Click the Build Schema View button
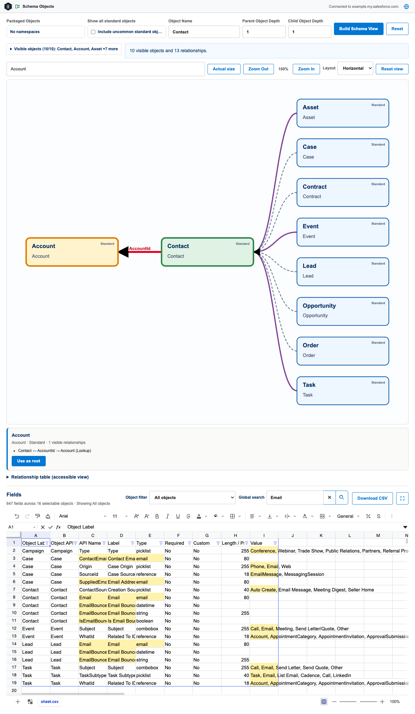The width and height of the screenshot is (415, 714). click(359, 29)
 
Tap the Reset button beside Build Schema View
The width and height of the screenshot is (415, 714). click(397, 29)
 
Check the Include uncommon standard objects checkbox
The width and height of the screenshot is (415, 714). click(93, 32)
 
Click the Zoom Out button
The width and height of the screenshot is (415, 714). click(258, 69)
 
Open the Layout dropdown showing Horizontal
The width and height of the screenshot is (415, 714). click(355, 68)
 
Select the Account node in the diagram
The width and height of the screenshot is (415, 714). click(72, 252)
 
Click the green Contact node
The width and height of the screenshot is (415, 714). click(207, 252)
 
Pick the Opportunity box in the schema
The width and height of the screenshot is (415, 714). click(343, 311)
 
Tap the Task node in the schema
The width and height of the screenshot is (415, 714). click(343, 391)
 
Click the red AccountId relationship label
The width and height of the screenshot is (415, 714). click(140, 248)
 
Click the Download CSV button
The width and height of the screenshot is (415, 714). click(373, 498)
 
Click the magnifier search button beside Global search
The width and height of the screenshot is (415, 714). click(342, 497)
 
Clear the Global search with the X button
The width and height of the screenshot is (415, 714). click(329, 497)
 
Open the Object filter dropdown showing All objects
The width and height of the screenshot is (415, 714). click(192, 497)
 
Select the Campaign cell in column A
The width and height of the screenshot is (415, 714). click(36, 551)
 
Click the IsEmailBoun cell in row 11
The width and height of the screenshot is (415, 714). click(93, 621)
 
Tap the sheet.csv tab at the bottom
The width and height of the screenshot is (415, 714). click(50, 702)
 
